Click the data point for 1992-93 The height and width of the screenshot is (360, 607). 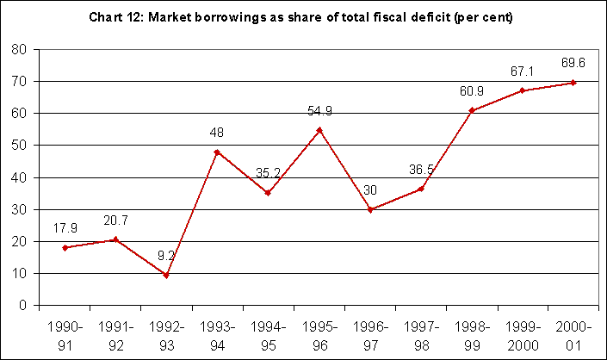[x=166, y=276]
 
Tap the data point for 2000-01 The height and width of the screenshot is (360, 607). [x=573, y=83]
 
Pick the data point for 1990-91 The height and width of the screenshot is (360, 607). [x=65, y=248]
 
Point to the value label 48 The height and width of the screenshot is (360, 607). [x=217, y=134]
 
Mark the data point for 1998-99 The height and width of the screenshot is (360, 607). [x=472, y=110]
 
